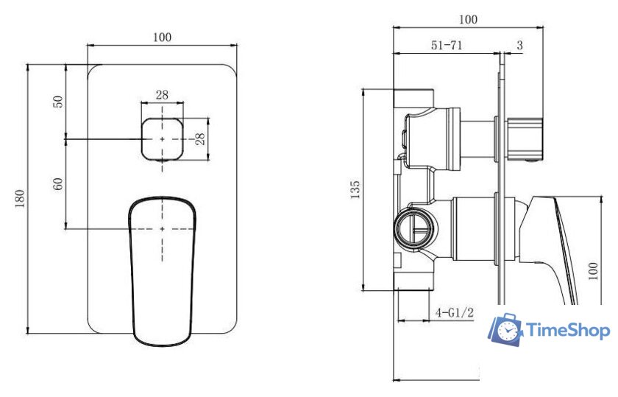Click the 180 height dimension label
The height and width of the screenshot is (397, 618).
pyautogui.click(x=20, y=198)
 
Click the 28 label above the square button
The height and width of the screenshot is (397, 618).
pyautogui.click(x=162, y=94)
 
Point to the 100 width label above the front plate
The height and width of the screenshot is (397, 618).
pyautogui.click(x=163, y=38)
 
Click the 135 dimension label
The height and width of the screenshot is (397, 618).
pyautogui.click(x=355, y=189)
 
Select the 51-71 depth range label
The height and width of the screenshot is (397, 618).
pyautogui.click(x=446, y=46)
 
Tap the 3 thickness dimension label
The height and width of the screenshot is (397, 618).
pyautogui.click(x=520, y=46)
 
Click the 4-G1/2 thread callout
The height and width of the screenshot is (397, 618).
pyautogui.click(x=454, y=312)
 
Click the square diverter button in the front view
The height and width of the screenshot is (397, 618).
pyautogui.click(x=162, y=138)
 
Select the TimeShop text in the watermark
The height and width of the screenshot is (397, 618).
pyautogui.click(x=569, y=331)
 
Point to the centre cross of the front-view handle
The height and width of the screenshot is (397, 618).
pyautogui.click(x=163, y=229)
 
